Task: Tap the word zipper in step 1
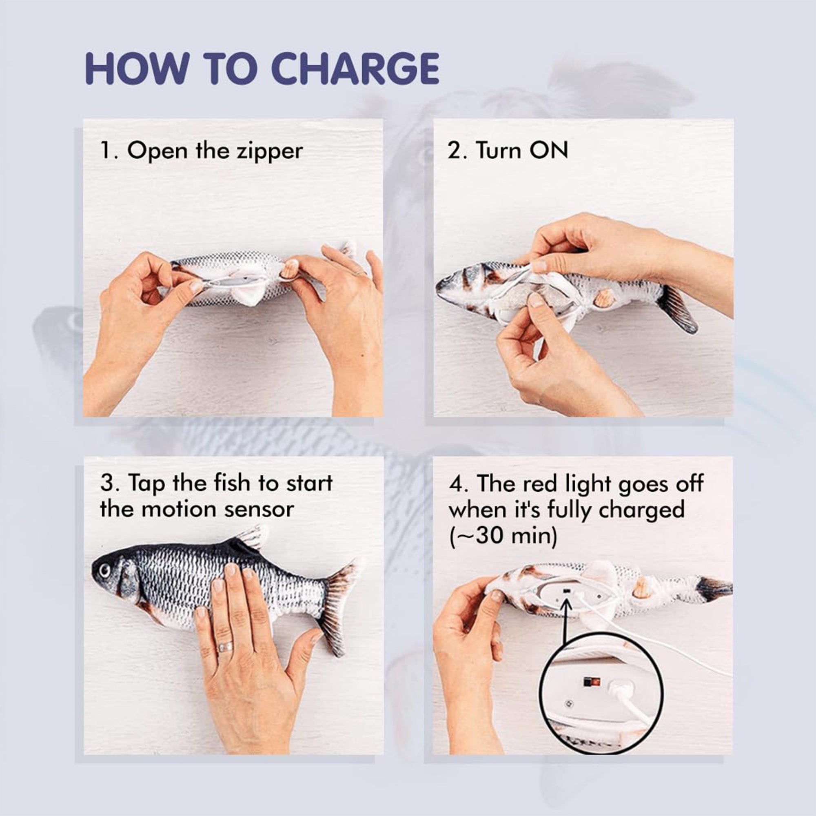point(269,152)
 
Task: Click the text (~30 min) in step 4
point(503,537)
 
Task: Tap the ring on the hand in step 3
point(225,647)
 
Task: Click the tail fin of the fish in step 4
point(714,587)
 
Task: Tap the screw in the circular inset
point(568,704)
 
